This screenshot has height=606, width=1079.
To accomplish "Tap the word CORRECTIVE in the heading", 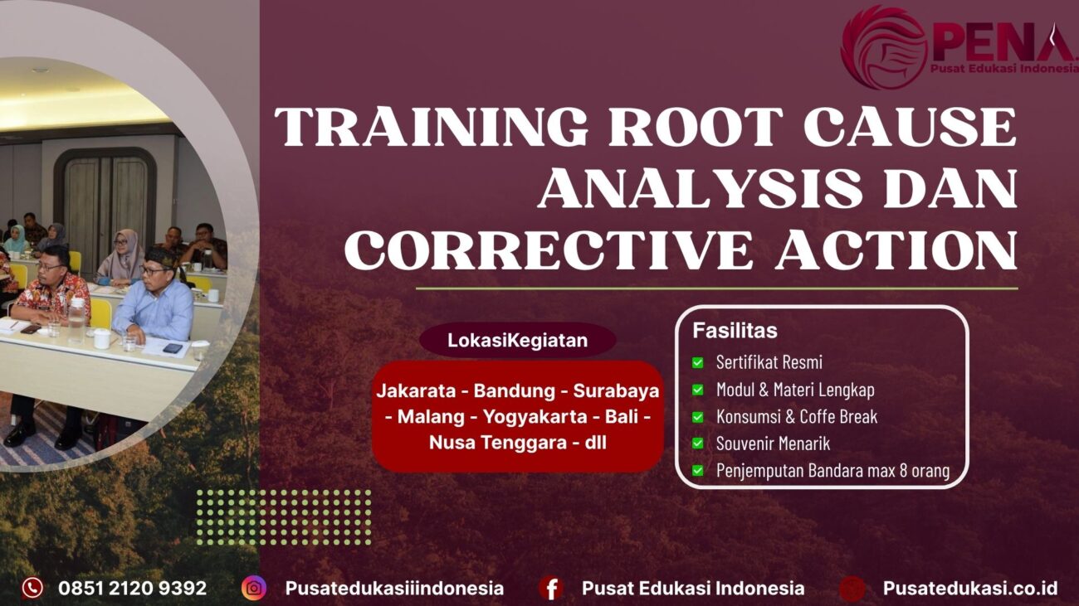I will (549, 250).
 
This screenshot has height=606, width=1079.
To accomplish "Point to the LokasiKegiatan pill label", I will (517, 340).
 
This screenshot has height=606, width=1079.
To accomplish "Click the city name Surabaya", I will (616, 390).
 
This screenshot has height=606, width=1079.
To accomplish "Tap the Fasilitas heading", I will (735, 331).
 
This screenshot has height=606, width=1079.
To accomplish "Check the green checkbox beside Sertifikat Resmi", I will (698, 362).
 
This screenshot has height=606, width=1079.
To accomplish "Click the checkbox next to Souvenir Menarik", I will (698, 444).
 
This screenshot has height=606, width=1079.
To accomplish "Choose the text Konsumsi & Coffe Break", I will (796, 416).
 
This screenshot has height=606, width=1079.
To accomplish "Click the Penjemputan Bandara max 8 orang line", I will (832, 471).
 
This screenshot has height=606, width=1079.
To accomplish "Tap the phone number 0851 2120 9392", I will (132, 588).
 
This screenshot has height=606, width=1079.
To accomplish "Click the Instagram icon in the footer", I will (254, 588).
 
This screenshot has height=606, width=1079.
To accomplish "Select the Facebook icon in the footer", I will (550, 588).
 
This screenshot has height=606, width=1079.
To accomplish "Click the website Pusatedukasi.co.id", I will (969, 588).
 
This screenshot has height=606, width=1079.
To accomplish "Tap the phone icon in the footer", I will (32, 588).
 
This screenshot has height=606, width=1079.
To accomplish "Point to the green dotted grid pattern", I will (283, 517).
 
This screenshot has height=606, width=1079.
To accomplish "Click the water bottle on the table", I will (76, 320).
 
